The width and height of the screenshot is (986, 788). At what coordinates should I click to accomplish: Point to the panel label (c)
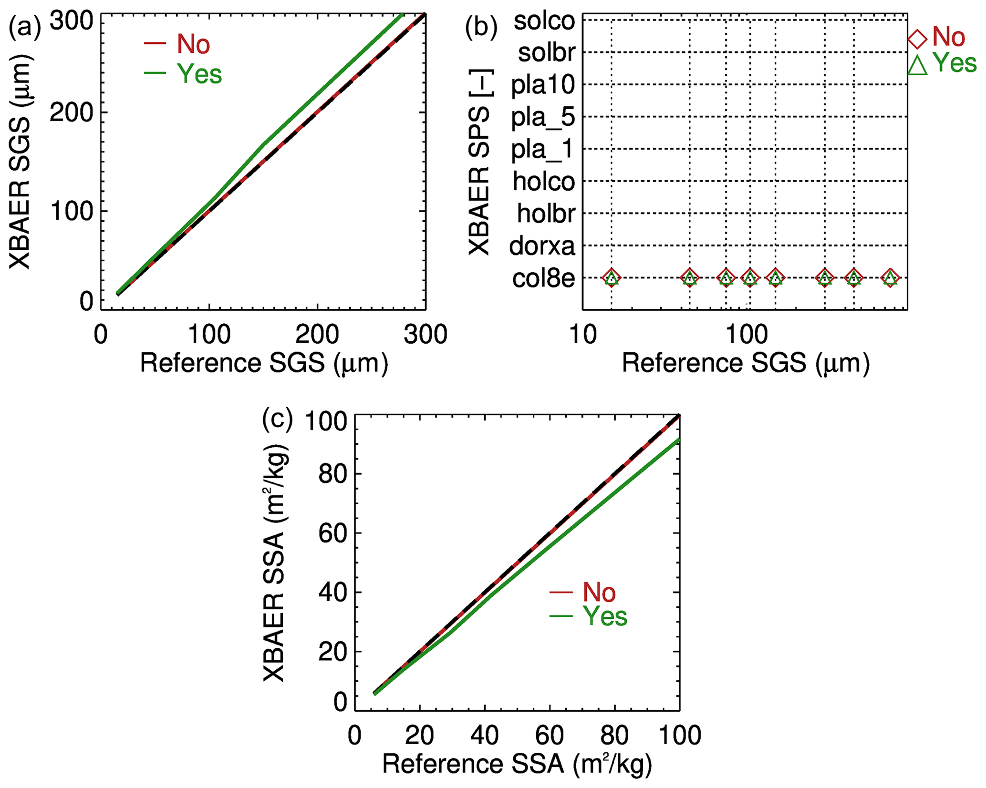point(278,419)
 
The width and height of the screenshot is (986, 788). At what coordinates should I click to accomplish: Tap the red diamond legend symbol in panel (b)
point(917,39)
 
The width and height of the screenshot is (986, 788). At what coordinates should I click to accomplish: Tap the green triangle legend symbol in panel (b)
point(917,65)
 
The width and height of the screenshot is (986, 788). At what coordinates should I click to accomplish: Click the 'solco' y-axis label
point(544,21)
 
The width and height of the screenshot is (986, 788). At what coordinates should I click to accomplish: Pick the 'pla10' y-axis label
point(543,85)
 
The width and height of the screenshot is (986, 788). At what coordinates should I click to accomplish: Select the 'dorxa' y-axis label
point(542,246)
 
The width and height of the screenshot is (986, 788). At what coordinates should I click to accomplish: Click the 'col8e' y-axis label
point(543,278)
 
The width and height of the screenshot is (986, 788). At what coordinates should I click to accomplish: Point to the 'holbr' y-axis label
point(546,214)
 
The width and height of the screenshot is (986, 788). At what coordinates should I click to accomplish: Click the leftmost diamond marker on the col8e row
point(612,277)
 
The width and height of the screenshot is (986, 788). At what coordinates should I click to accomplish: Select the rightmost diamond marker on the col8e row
point(890,277)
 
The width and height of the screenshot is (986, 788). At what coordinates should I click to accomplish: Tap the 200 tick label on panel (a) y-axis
point(71,113)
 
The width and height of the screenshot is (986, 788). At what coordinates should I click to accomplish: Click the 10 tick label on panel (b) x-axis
point(582,335)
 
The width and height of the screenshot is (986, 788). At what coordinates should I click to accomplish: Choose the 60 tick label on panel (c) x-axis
point(550,735)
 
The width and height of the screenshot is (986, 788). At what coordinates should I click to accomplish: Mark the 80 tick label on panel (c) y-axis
point(332,475)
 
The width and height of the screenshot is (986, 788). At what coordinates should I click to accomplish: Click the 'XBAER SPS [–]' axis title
point(479,162)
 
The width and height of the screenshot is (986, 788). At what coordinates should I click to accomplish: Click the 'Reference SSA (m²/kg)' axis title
point(517,764)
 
